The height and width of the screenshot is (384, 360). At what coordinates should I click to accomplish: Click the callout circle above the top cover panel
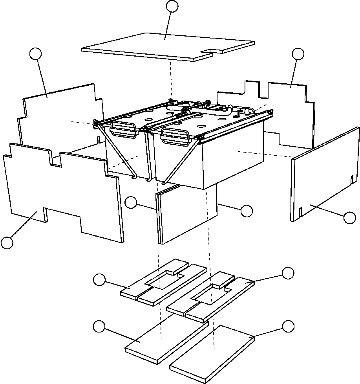[172, 6]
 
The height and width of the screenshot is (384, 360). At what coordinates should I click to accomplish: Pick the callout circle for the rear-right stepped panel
[298, 54]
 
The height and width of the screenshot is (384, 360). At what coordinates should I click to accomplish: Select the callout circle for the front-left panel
[7, 243]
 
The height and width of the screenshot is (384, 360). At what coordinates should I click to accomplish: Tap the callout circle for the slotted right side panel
[350, 218]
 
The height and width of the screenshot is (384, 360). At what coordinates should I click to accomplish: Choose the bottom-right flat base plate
[212, 354]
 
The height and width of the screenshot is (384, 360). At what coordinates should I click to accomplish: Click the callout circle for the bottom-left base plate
[99, 326]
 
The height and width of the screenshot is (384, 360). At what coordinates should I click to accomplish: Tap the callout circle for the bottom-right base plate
[288, 326]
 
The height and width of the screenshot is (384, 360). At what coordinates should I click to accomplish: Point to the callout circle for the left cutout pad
[99, 280]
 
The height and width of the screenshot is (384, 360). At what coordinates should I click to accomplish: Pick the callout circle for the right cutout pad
[288, 273]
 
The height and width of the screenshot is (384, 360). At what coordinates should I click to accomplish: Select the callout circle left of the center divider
[131, 203]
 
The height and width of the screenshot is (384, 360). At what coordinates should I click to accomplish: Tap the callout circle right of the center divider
[247, 211]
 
